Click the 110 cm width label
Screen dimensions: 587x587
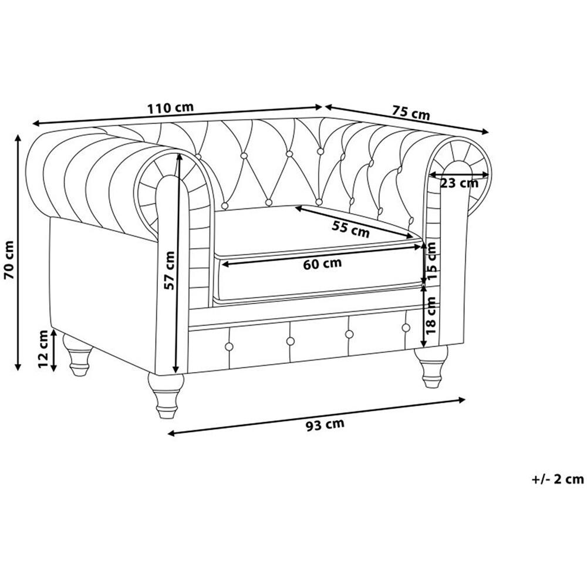[170, 108]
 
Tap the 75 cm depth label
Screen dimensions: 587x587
[411, 112]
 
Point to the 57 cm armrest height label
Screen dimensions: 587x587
[169, 270]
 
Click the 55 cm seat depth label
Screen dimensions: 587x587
[351, 229]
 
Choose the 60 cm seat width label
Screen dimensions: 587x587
[322, 264]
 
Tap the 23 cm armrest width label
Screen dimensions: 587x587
[459, 183]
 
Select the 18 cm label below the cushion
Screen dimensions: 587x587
[431, 316]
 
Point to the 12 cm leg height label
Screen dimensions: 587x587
[44, 349]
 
